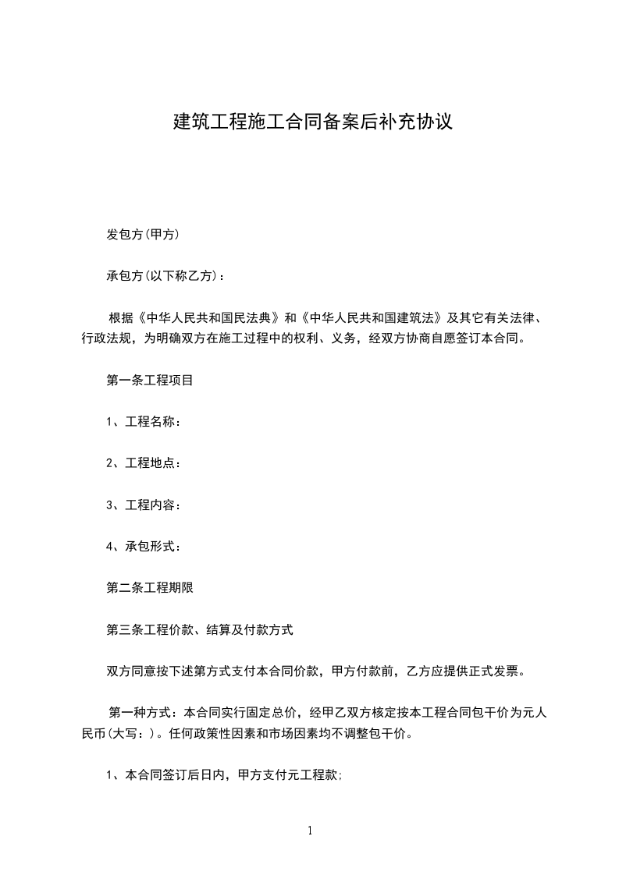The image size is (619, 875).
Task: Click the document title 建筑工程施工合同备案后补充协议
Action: point(312,122)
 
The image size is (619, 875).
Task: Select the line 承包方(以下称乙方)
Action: point(167,276)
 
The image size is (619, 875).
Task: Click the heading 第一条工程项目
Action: point(150,381)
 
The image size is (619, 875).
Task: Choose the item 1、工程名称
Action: point(144,423)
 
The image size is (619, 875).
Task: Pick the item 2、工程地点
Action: point(144,464)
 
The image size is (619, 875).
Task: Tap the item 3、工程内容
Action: point(144,505)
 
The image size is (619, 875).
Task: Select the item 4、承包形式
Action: point(144,547)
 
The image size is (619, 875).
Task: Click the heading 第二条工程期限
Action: point(150,589)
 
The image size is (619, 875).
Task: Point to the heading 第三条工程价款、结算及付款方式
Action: point(199,630)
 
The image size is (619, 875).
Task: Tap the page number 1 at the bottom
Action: point(310,831)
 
